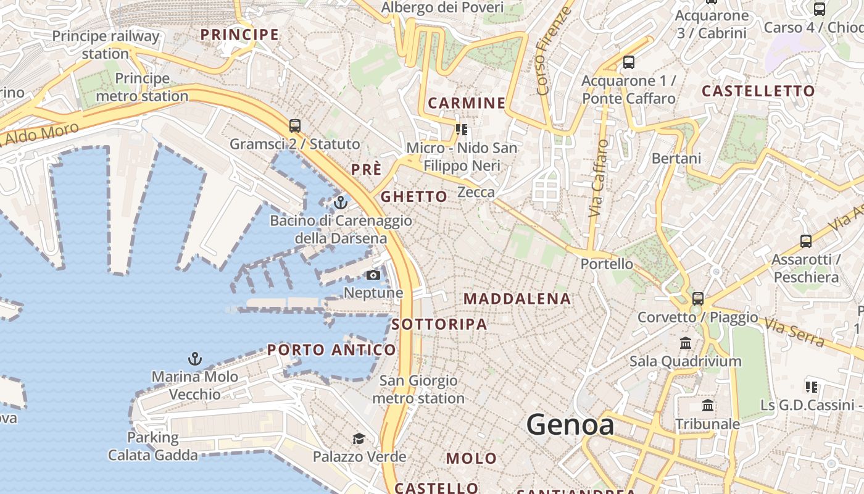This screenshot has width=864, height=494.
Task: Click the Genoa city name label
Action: [570, 425]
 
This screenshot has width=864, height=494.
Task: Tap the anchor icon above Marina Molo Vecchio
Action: [195, 358]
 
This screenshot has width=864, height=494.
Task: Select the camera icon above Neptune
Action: [373, 275]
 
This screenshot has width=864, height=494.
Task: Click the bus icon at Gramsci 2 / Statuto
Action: [295, 126]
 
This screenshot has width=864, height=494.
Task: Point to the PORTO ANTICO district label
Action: [331, 350]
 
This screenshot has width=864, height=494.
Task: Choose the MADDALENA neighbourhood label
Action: [517, 299]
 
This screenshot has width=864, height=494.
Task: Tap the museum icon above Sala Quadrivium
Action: [686, 343]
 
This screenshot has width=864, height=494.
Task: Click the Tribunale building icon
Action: [708, 406]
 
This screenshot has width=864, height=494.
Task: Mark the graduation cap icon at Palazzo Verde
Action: [359, 438]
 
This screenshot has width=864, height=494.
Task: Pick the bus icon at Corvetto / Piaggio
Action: [698, 299]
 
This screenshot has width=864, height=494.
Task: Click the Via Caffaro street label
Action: [597, 178]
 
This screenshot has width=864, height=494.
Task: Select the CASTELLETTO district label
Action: [758, 91]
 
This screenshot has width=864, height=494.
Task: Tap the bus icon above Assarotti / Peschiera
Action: [805, 241]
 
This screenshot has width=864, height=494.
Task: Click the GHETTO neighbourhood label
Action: [414, 197]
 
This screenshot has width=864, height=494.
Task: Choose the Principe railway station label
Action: [106, 44]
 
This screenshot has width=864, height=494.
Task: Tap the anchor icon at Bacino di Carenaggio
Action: [341, 202]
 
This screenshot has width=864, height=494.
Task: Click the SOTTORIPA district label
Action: [439, 324]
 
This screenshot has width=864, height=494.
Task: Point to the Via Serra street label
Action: [795, 332]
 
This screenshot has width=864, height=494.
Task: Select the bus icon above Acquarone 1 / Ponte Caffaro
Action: [629, 62]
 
